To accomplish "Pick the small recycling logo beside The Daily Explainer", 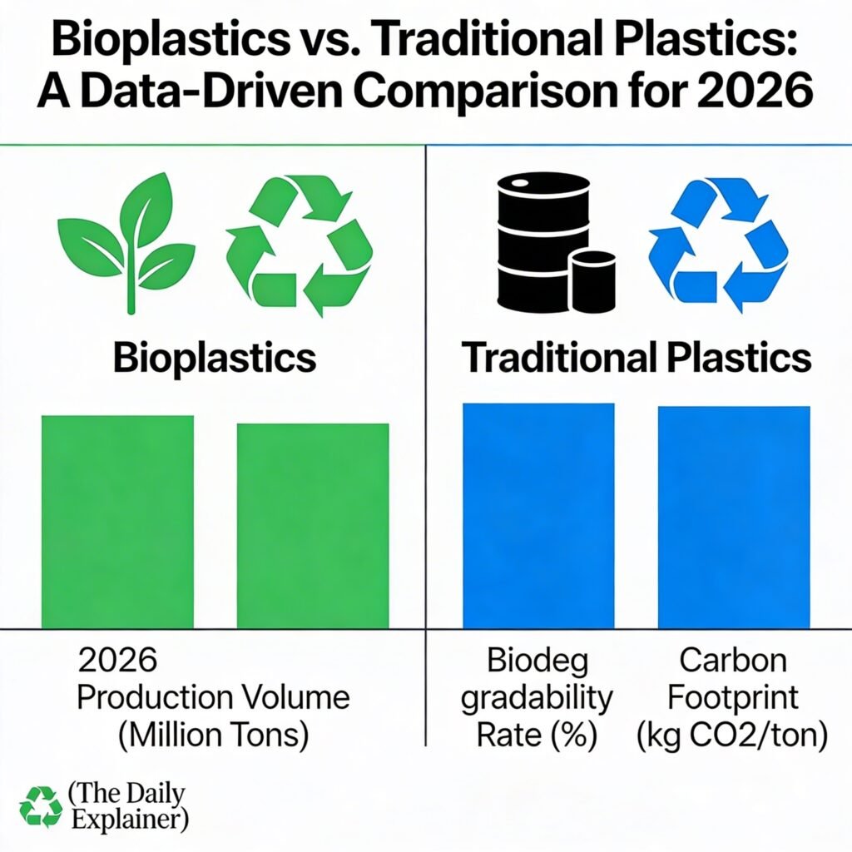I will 41,806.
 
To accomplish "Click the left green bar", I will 117,522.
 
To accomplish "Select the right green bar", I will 313,525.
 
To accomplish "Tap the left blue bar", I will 538,515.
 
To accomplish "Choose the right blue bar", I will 734,517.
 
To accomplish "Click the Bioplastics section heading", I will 215,358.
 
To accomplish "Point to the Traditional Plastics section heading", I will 637,358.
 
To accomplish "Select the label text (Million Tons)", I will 214,735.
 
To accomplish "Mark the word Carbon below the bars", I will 732,661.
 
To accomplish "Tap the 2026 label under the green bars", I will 117,661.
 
